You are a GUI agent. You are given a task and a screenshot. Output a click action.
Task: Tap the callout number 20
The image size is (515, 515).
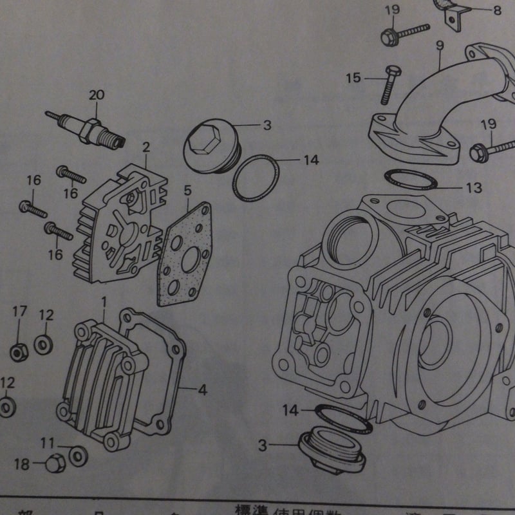coord(96,95)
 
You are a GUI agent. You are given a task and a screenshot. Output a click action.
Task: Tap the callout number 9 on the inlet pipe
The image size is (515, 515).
coord(439,45)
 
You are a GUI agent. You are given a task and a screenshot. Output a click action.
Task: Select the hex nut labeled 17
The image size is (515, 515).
coord(17,352)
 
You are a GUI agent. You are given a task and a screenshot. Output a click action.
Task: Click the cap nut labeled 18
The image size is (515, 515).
coord(55,463)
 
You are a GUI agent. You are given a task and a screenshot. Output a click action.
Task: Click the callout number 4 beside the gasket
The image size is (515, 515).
coord(202,389)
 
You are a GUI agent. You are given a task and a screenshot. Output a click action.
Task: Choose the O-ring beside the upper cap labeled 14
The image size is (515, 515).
coord(256,179)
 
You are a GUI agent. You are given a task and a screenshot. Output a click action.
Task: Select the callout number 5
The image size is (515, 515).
coord(187,191)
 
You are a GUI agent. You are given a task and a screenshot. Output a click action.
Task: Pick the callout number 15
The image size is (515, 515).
coord(353,79)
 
